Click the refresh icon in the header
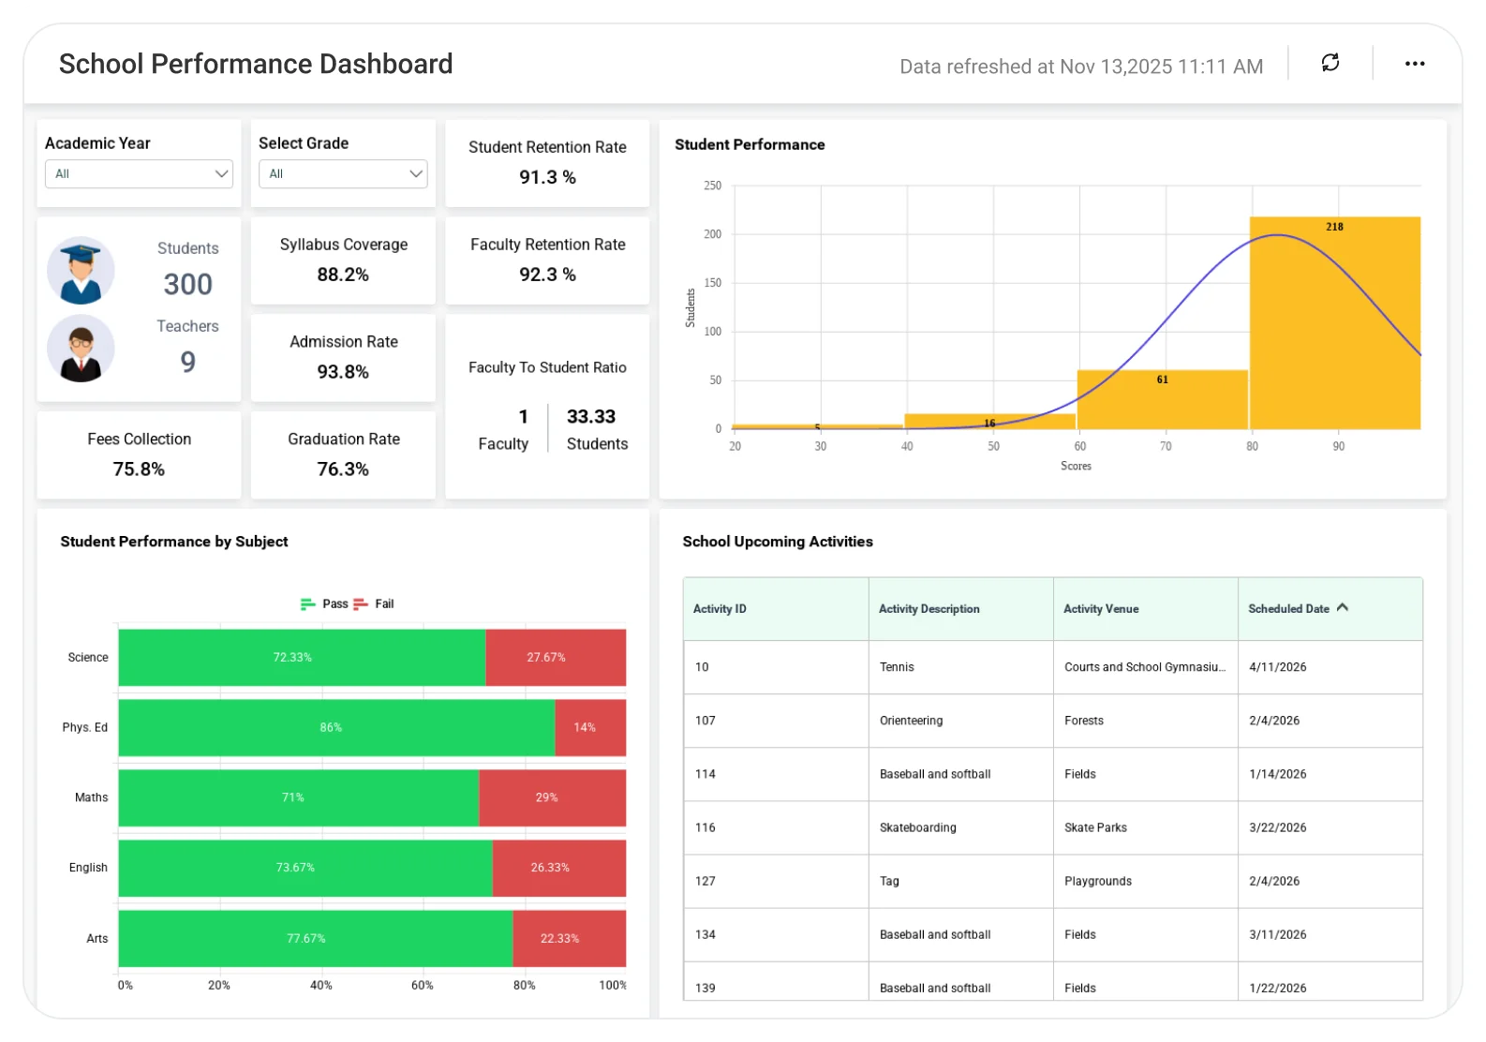pyautogui.click(x=1330, y=63)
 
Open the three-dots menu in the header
pyautogui.click(x=1414, y=64)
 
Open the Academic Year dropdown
pyautogui.click(x=139, y=174)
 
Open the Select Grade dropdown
pyautogui.click(x=343, y=174)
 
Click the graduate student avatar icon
pyautogui.click(x=81, y=271)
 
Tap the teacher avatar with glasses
pyautogui.click(x=81, y=350)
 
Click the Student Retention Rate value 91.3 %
pyautogui.click(x=547, y=177)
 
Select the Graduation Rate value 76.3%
pyautogui.click(x=343, y=469)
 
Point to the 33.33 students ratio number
pyautogui.click(x=591, y=417)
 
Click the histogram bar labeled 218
pyautogui.click(x=1334, y=323)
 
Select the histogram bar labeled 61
pyautogui.click(x=1162, y=400)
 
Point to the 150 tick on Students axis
pyautogui.click(x=713, y=283)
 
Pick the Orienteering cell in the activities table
pyautogui.click(x=911, y=721)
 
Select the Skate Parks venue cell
pyautogui.click(x=1095, y=827)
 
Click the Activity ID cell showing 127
pyautogui.click(x=706, y=881)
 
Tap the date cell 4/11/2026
pyautogui.click(x=1277, y=667)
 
